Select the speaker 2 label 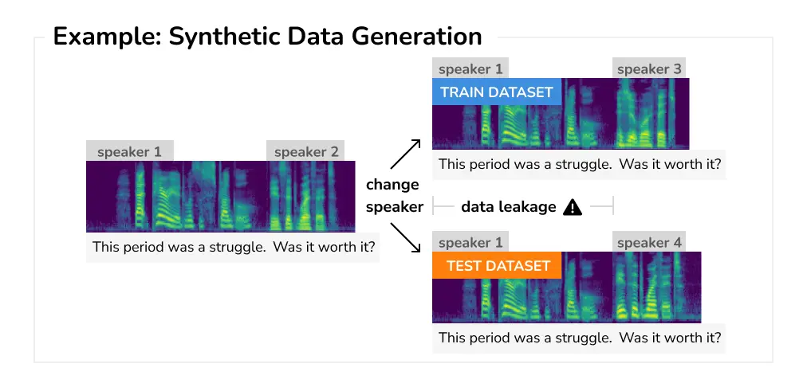pyautogui.click(x=306, y=151)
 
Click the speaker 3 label pyautogui.click(x=649, y=69)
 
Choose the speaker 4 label pyautogui.click(x=649, y=242)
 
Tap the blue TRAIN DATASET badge pyautogui.click(x=496, y=92)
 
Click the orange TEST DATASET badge pyautogui.click(x=498, y=265)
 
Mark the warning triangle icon pyautogui.click(x=573, y=207)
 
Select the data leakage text pyautogui.click(x=508, y=207)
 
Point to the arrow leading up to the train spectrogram pyautogui.click(x=404, y=154)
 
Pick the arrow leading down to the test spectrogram pyautogui.click(x=405, y=238)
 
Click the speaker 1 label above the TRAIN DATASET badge pyautogui.click(x=470, y=69)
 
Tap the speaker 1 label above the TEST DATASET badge pyautogui.click(x=470, y=242)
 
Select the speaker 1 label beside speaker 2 pyautogui.click(x=129, y=151)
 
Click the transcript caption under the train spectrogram pyautogui.click(x=580, y=165)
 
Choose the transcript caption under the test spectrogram pyautogui.click(x=580, y=338)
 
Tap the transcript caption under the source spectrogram pyautogui.click(x=234, y=247)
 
